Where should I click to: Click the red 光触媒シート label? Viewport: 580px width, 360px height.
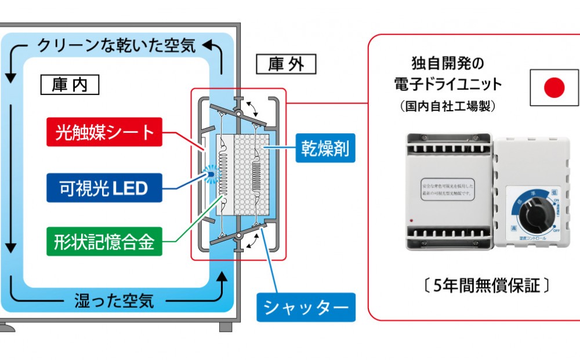(105, 132)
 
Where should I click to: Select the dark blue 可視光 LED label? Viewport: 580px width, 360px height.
(104, 188)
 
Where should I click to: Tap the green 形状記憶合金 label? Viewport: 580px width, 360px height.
(104, 243)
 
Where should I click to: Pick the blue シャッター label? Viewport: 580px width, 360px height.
(306, 307)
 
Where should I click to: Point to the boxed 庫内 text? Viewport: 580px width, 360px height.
(70, 85)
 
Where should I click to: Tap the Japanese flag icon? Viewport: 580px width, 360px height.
(554, 89)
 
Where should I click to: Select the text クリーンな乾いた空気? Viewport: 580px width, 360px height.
(116, 46)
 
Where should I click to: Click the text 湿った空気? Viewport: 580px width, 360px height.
(114, 300)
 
